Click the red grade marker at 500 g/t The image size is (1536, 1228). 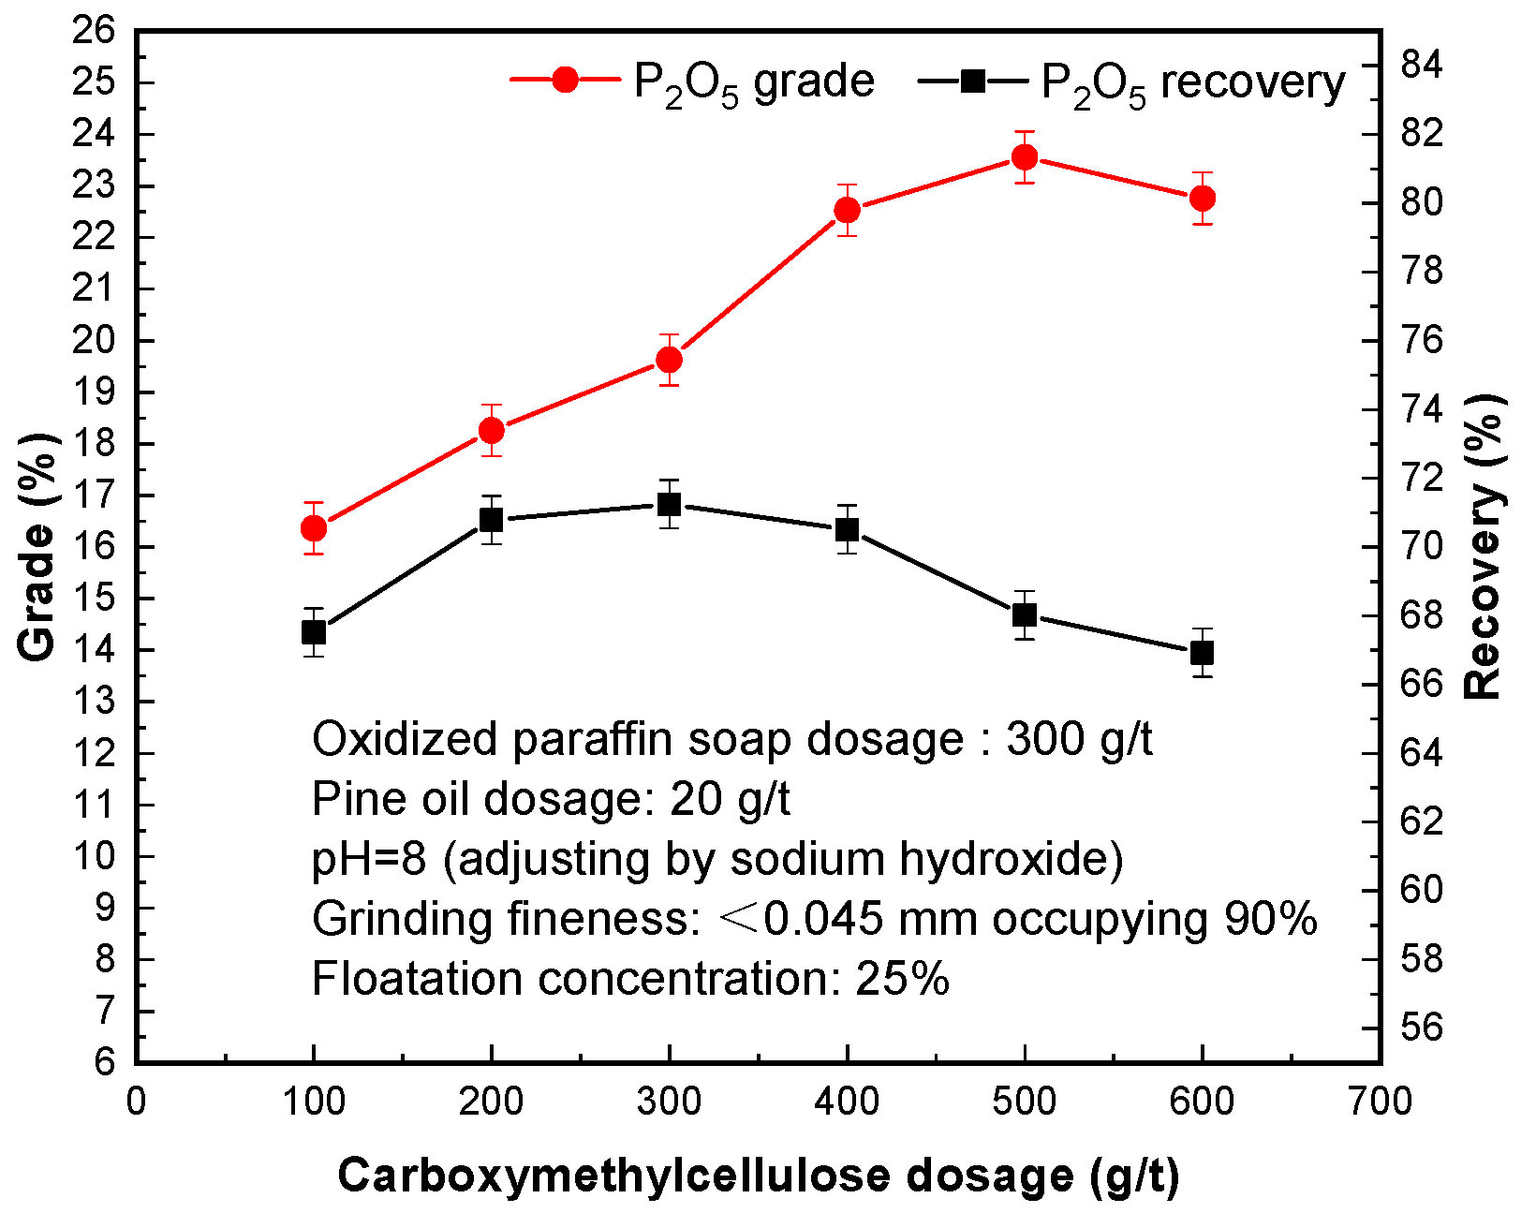click(x=1025, y=157)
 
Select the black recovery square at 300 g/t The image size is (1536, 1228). click(x=669, y=505)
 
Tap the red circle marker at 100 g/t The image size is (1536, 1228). click(x=314, y=528)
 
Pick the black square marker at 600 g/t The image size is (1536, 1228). click(x=1202, y=652)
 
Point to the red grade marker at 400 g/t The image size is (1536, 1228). click(x=847, y=210)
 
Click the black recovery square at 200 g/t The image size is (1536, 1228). click(x=492, y=520)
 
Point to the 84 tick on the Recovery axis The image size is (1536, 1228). click(x=1423, y=66)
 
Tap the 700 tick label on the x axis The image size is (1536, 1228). click(x=1381, y=1102)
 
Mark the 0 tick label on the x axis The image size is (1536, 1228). click(x=137, y=1102)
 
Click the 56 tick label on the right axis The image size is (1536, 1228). click(x=1423, y=1027)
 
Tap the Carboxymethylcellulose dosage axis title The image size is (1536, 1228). click(x=759, y=1176)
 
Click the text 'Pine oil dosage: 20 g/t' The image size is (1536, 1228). click(x=551, y=799)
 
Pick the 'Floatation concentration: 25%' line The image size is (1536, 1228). click(x=630, y=979)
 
